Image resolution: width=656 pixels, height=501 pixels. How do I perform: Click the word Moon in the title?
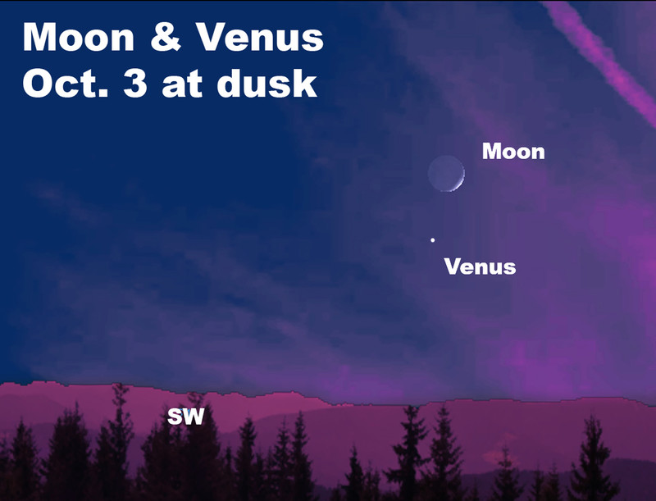(x=79, y=37)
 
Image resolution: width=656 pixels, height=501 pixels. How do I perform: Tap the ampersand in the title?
(x=166, y=37)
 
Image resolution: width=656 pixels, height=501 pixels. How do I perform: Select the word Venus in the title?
(x=260, y=37)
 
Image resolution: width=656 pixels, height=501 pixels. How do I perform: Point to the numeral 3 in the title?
(x=134, y=83)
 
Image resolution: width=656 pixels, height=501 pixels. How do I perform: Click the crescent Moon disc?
(x=446, y=173)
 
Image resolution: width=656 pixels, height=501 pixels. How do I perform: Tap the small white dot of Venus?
(x=433, y=240)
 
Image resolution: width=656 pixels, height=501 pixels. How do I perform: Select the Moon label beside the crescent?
(x=513, y=151)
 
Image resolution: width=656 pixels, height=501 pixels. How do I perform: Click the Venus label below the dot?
(x=480, y=266)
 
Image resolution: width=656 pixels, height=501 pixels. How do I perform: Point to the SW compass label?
(x=186, y=416)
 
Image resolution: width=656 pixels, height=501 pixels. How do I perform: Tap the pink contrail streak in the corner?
(x=603, y=58)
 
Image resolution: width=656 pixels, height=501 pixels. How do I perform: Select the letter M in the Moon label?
(x=491, y=151)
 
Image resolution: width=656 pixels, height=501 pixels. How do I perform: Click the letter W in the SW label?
(x=194, y=416)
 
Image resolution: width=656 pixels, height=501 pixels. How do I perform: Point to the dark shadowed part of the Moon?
(x=443, y=172)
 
